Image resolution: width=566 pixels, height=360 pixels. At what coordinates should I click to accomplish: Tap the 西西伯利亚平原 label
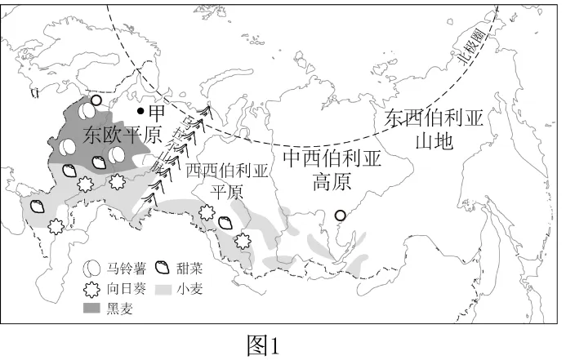pos(227,181)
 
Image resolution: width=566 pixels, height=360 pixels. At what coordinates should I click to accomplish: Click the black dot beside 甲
pos(141,111)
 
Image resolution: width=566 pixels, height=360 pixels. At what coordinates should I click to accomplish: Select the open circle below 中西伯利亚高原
pos(341,216)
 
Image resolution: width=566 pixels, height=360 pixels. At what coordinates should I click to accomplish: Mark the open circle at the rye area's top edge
pos(96,100)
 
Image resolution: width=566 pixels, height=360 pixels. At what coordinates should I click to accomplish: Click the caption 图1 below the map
pos(264,345)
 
